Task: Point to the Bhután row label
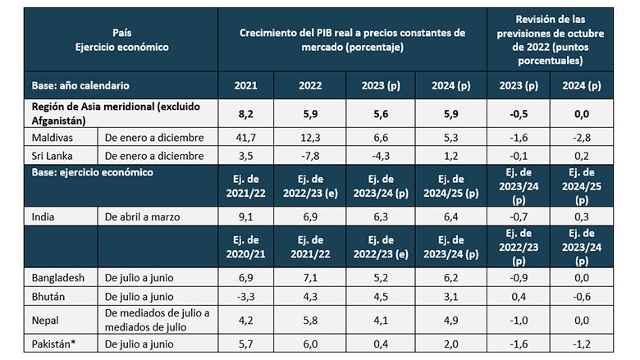coord(51,296)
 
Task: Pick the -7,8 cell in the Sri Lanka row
coord(305,155)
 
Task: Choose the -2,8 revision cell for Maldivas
coord(578,137)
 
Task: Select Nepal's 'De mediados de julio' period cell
coord(156,319)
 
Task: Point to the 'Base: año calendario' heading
coord(80,85)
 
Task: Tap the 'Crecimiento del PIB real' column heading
coord(352,39)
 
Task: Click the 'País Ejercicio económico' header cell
coord(121,39)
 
